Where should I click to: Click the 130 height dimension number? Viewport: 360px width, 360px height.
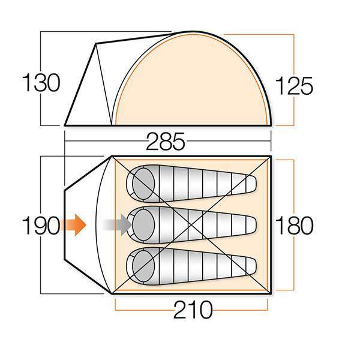tap(41, 82)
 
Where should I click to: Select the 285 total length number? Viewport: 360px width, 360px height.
tap(167, 143)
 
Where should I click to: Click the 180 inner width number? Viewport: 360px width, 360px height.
tap(294, 226)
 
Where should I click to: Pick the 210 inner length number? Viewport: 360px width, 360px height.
tap(193, 311)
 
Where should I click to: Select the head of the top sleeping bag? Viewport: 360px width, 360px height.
tap(143, 179)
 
